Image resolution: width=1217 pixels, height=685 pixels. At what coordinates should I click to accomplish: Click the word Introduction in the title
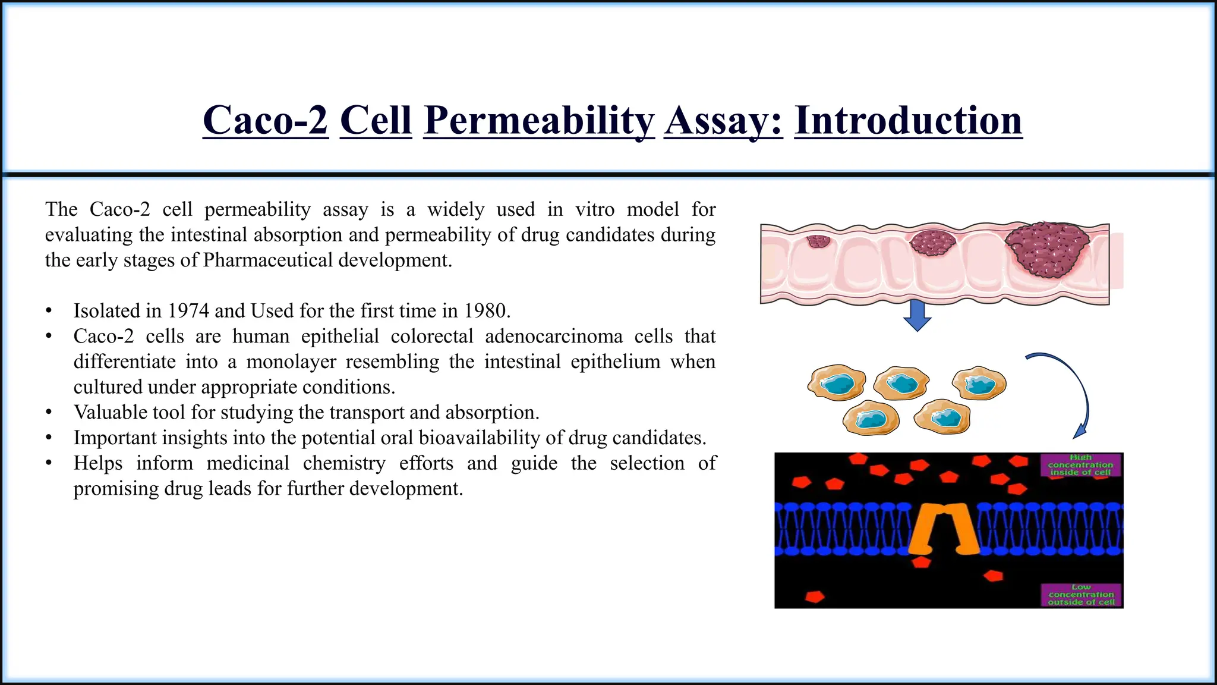[908, 121]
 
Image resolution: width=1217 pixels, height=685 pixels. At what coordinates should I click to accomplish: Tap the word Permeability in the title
[539, 121]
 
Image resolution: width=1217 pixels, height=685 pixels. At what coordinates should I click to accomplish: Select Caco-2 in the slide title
[265, 121]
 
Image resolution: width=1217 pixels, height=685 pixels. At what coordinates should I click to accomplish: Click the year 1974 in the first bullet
[188, 311]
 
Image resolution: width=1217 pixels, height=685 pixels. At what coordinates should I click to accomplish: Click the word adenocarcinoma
[554, 337]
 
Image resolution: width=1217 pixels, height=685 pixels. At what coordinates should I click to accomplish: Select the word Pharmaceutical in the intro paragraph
[267, 260]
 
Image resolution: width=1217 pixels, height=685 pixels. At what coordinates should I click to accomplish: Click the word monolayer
[291, 362]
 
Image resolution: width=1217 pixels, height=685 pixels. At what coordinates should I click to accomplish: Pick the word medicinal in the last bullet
[248, 463]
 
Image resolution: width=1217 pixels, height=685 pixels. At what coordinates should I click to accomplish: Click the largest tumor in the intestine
[1047, 249]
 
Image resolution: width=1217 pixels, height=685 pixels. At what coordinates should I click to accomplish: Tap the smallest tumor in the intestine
[818, 241]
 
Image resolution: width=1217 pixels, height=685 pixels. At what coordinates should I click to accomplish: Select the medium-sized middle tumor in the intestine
[934, 243]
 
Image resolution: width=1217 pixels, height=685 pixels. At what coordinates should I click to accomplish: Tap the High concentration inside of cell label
[1080, 464]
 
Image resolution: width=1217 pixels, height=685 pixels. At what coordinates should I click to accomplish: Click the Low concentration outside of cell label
[1081, 595]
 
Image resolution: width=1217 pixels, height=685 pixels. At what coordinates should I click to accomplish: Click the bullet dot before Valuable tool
[49, 413]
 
